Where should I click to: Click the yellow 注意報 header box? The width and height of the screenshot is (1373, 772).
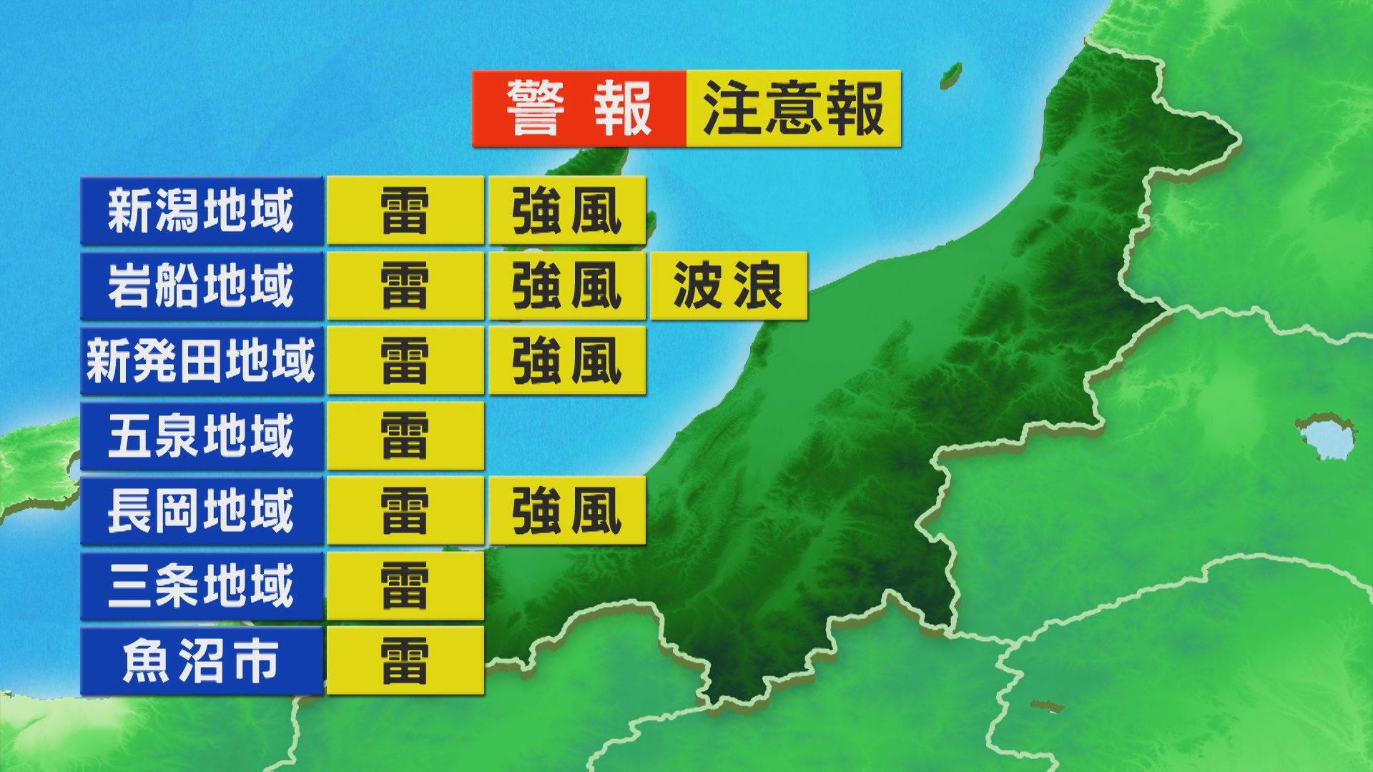(x=793, y=109)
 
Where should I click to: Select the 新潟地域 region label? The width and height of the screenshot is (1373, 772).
(x=201, y=211)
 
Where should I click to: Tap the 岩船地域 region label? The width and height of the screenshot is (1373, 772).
(x=201, y=286)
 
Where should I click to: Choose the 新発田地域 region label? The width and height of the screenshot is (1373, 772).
(x=201, y=361)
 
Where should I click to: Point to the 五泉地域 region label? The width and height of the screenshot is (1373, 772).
(x=201, y=436)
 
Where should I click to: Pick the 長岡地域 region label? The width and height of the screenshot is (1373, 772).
(x=201, y=511)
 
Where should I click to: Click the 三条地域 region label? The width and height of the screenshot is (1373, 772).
(x=201, y=586)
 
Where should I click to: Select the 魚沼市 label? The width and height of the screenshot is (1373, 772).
(x=201, y=661)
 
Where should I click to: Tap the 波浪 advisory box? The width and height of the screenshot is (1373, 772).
(x=728, y=286)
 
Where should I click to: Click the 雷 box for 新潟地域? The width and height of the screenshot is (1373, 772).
(x=405, y=211)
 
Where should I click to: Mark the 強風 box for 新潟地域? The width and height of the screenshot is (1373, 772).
(x=567, y=211)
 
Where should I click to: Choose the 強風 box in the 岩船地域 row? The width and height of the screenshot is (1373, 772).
(x=567, y=286)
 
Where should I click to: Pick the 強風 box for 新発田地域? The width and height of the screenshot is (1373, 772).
(x=567, y=361)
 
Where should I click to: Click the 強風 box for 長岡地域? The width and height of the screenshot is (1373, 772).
(x=567, y=511)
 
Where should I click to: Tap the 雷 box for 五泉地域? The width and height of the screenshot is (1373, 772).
(x=405, y=436)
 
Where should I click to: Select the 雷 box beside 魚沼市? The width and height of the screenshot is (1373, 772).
(x=405, y=661)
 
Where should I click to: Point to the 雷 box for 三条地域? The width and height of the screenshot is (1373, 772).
(x=405, y=586)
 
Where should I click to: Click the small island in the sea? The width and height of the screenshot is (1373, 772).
(x=950, y=73)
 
